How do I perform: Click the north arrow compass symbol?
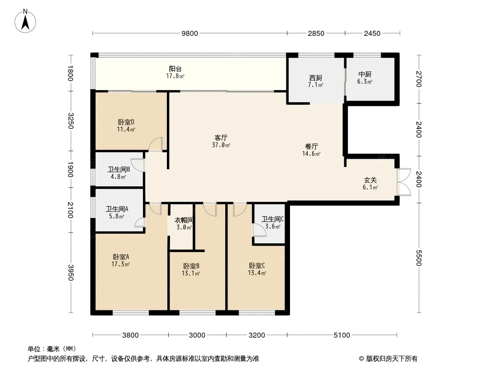[25, 21]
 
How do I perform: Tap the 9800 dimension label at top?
[190, 34]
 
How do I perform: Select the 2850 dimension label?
[316, 34]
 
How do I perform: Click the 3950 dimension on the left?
[70, 273]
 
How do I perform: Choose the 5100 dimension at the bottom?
[342, 335]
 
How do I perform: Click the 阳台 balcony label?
[175, 69]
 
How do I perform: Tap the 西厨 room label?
[316, 78]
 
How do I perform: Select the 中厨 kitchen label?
[365, 75]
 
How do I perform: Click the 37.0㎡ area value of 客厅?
[221, 145]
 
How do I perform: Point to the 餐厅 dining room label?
[312, 146]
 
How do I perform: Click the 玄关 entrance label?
[370, 180]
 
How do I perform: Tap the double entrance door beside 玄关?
[404, 182]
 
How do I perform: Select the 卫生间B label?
[119, 169]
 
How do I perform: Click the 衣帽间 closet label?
[184, 220]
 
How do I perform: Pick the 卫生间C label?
[273, 219]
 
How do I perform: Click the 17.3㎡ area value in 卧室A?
[120, 264]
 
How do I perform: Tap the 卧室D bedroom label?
[126, 122]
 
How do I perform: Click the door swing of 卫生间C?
[259, 230]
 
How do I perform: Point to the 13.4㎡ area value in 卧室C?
[257, 273]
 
